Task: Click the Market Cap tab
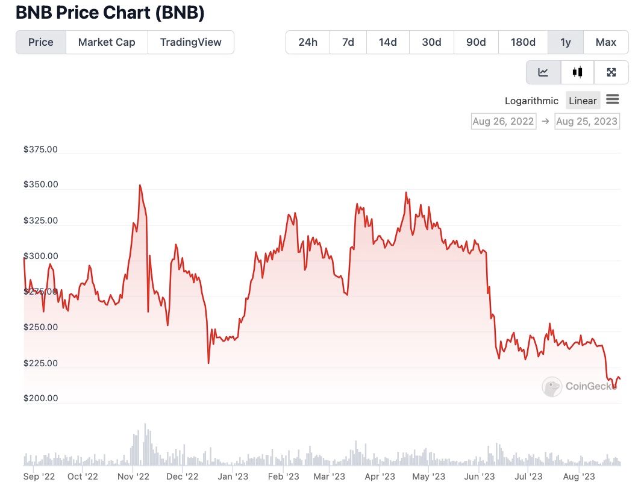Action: tap(107, 42)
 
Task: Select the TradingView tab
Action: tap(190, 42)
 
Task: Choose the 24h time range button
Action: tap(307, 42)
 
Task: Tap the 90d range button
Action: tap(476, 42)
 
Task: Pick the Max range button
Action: tap(605, 42)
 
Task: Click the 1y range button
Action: tap(566, 42)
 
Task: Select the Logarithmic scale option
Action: tap(531, 101)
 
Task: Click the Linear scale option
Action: tap(583, 101)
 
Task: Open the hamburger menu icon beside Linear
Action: tap(613, 99)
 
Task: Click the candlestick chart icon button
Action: tap(578, 72)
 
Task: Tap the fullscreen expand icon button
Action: tap(611, 72)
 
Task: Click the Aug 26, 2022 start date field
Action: tap(503, 121)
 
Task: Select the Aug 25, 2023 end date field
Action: tap(587, 121)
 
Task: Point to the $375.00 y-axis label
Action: tap(40, 149)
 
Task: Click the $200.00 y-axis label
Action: tap(40, 398)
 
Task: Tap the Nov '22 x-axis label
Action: tap(133, 477)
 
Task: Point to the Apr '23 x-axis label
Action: tap(380, 477)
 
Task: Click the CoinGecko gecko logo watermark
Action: tap(552, 387)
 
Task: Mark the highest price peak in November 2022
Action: tap(140, 186)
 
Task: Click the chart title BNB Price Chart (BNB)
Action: tap(110, 12)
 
